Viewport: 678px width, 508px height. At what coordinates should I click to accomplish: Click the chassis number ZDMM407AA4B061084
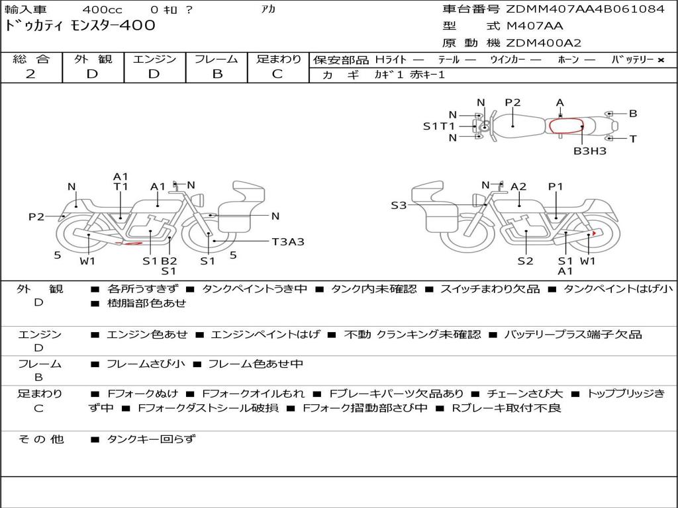tap(585, 9)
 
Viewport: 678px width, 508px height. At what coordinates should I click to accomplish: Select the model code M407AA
tap(534, 26)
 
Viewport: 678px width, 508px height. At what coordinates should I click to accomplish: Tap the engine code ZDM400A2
tap(544, 43)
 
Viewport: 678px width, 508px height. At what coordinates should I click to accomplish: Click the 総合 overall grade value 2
tap(30, 74)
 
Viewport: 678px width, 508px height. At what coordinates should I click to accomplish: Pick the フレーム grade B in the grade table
tap(217, 74)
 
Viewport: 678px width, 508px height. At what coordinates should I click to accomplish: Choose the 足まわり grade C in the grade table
tap(277, 74)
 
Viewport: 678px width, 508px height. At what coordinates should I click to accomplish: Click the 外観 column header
tap(93, 59)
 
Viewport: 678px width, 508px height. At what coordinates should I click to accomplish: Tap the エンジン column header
tap(154, 59)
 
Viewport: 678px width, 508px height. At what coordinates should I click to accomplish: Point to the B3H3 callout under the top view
tap(590, 151)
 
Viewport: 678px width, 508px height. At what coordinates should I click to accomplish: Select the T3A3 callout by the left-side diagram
tap(288, 241)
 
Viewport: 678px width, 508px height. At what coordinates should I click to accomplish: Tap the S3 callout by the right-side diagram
tap(399, 206)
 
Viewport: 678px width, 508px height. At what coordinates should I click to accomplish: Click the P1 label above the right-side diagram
tap(556, 187)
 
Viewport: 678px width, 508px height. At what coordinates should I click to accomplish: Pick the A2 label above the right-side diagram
tap(518, 187)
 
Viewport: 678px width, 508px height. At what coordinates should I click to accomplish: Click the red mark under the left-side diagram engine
tap(129, 243)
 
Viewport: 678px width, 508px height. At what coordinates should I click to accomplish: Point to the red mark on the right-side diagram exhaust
tap(595, 233)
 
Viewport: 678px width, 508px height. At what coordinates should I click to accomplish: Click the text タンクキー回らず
tap(152, 439)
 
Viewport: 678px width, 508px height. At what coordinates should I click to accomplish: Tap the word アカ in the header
tap(267, 10)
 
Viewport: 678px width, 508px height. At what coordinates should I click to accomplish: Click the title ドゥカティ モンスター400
tap(80, 26)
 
